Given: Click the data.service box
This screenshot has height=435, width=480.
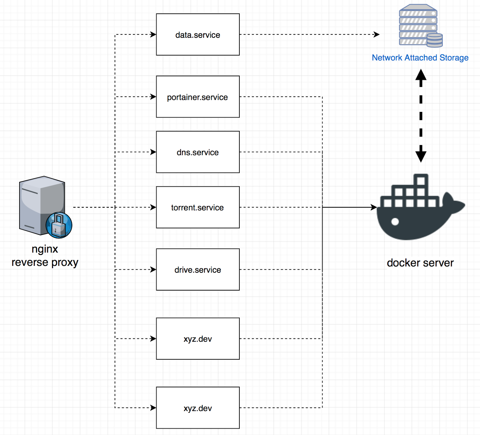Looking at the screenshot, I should [198, 34].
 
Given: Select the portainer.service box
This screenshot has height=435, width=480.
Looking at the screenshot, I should [198, 97].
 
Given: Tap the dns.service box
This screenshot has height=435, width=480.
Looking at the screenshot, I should [198, 152].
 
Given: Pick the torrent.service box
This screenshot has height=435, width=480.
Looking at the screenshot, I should [198, 207].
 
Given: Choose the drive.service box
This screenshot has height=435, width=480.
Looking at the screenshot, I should [198, 269].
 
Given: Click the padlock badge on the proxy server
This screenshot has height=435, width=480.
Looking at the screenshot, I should [59, 225].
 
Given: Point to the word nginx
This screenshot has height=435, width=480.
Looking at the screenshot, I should [45, 249].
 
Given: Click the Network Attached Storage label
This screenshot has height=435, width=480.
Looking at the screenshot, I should [420, 58].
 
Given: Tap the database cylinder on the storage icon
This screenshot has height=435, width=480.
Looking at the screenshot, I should [435, 40].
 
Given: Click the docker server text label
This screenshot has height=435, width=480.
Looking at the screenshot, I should [420, 263].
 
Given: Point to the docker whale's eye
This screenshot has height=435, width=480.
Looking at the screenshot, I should [395, 222].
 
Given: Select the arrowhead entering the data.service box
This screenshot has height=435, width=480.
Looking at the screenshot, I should [153, 34].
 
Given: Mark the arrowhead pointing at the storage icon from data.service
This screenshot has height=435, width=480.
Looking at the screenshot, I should [377, 34].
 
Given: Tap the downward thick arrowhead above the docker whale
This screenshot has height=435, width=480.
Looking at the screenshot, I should [421, 156].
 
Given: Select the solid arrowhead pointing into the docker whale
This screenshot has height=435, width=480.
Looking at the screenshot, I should [374, 207].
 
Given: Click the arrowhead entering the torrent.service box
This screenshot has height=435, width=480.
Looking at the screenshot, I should [153, 207].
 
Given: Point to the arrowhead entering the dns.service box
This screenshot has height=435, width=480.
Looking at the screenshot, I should [153, 152].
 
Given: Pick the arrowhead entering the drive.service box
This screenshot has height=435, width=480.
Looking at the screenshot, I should [153, 269].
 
